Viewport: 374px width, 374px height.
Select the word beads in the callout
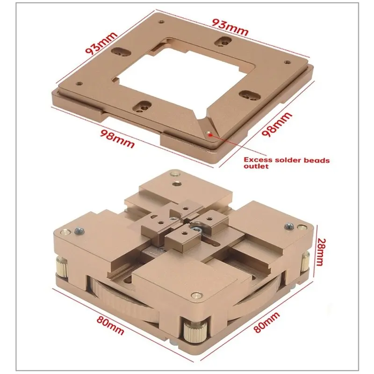coord(317,160)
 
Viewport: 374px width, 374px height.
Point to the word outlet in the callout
coord(256,166)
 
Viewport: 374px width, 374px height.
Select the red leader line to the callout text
coord(238,145)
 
